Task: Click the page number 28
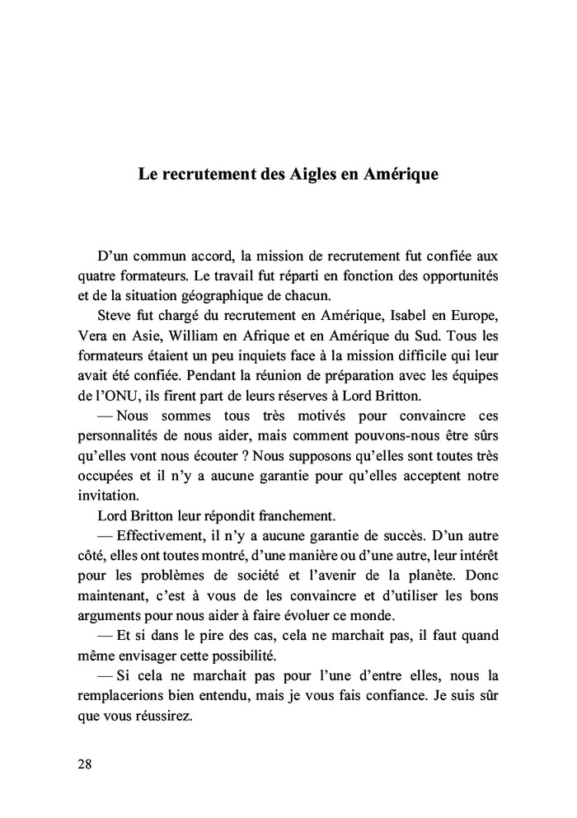click(85, 763)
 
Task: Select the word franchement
click(293, 516)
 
